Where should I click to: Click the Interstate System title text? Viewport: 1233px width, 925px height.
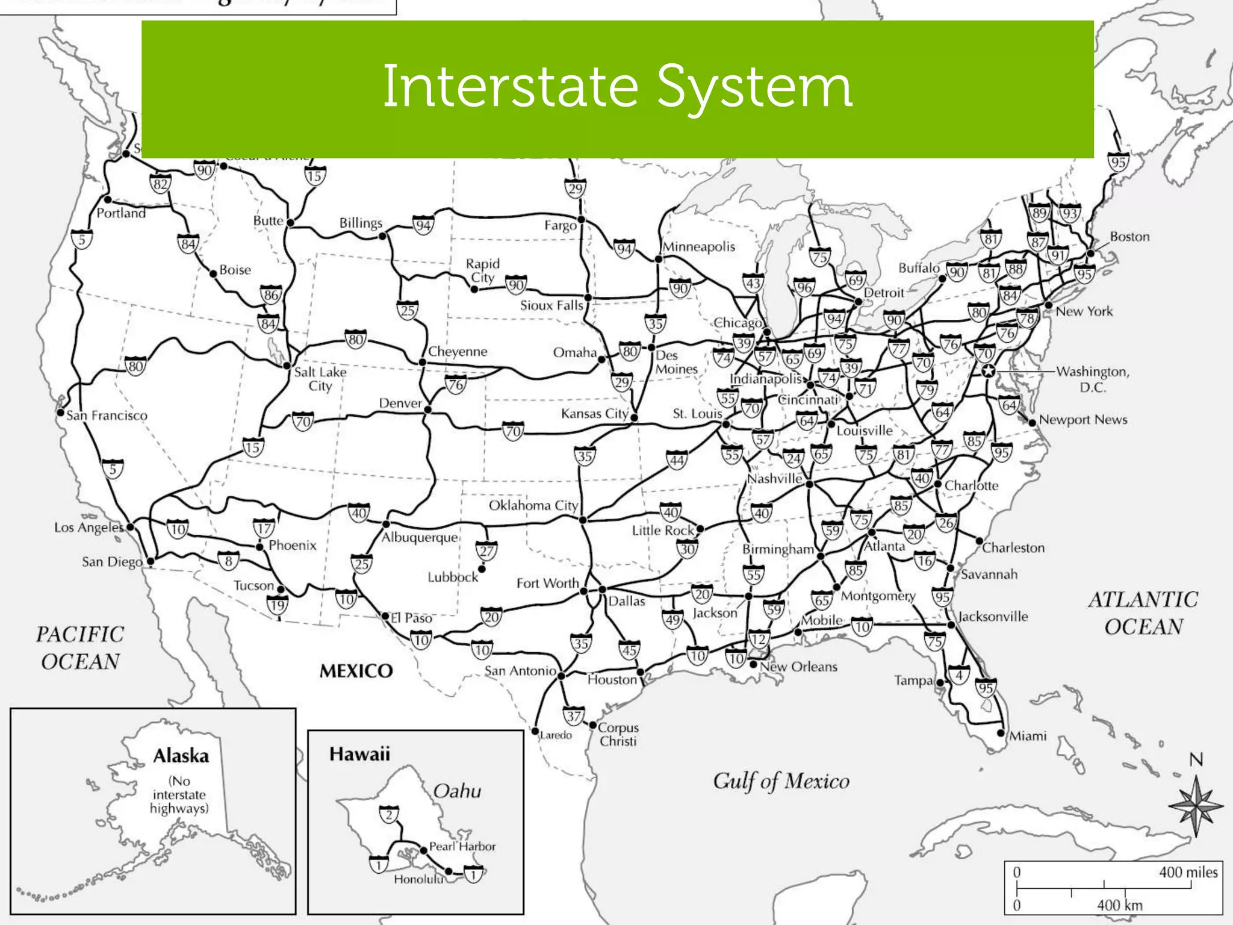coord(617,87)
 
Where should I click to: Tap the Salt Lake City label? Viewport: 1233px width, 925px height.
coord(320,379)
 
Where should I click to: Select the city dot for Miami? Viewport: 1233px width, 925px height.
coord(1001,733)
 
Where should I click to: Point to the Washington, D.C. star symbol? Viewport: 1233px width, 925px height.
coord(987,370)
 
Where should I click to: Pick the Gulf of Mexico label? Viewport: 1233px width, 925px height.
coord(781,781)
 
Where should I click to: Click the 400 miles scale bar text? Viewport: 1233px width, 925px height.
coord(1188,872)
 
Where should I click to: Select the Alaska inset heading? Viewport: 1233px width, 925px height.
coord(181,756)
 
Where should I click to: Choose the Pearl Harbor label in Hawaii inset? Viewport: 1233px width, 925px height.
coord(462,846)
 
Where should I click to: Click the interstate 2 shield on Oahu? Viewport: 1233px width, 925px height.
coord(389,815)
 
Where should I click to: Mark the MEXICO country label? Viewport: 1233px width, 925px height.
coord(356,671)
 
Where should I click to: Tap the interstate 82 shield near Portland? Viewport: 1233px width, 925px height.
coord(160,184)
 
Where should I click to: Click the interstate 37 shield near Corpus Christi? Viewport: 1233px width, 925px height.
coord(573,717)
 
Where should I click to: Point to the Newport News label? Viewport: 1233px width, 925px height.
coord(1082,420)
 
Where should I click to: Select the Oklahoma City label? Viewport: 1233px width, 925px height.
coord(533,505)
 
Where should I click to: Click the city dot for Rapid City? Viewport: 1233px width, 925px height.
coord(474,290)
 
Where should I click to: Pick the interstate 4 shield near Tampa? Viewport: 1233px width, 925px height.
coord(959,676)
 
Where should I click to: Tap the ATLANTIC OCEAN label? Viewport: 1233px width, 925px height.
coord(1143,613)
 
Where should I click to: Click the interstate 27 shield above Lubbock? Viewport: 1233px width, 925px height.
coord(486,551)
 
